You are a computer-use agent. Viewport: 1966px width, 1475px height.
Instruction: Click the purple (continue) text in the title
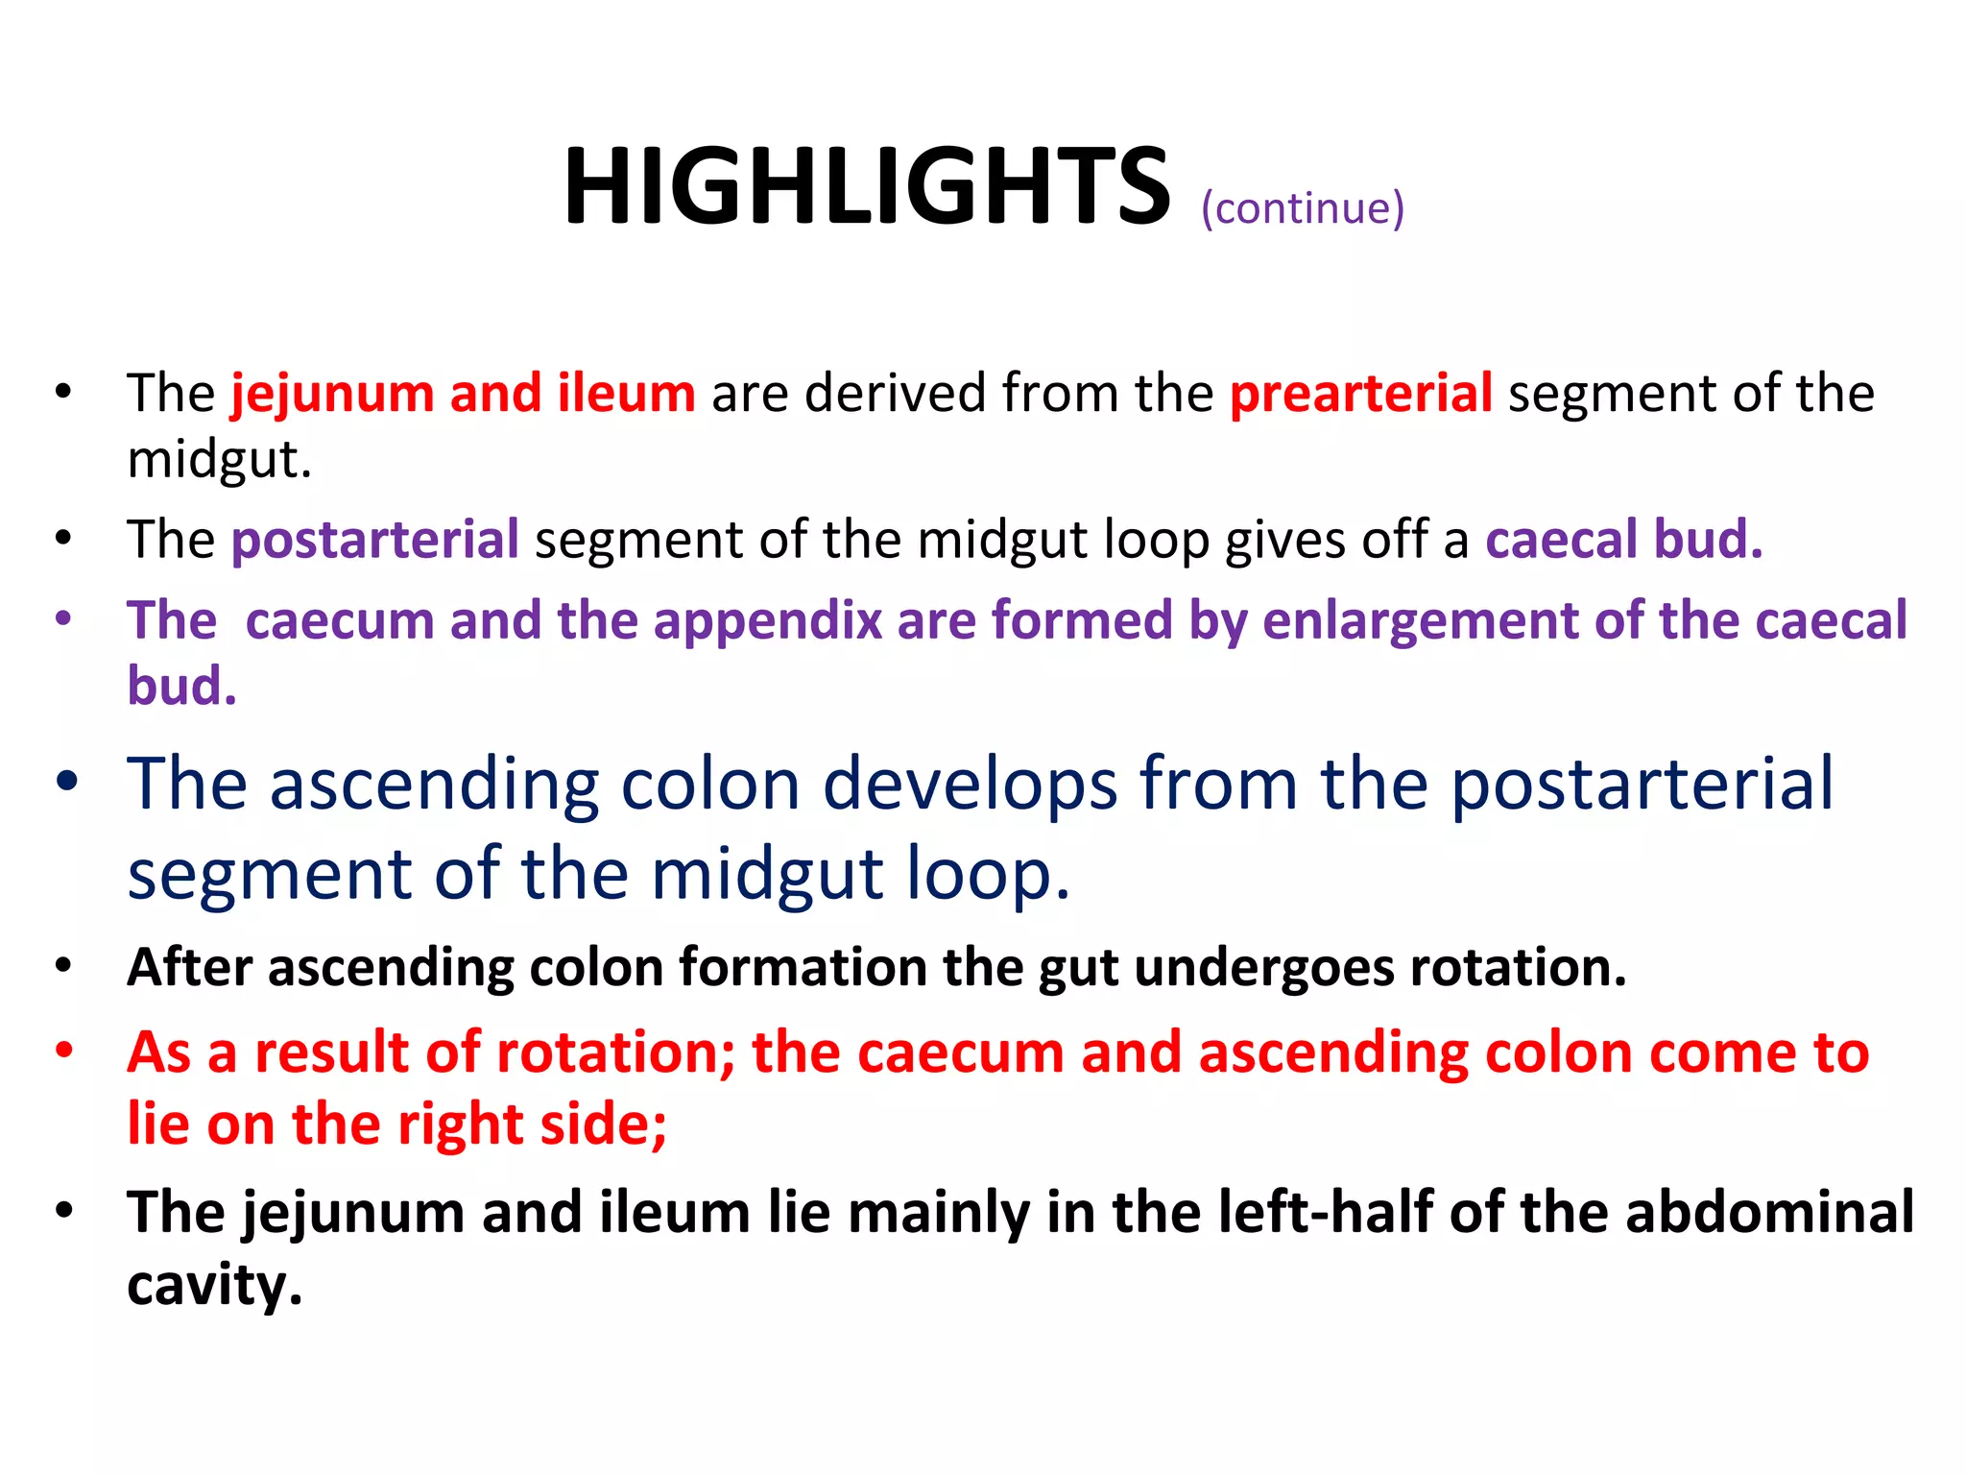1302,208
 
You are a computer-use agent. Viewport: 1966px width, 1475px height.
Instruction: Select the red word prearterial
1360,393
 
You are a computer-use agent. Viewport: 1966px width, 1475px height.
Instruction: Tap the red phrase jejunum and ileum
463,393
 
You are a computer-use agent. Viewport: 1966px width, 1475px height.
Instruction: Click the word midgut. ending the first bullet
220,459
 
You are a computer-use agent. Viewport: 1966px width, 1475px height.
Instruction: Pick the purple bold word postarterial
375,539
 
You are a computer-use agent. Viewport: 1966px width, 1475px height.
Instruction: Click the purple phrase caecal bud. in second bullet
1623,539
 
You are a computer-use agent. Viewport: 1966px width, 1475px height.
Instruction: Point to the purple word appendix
767,619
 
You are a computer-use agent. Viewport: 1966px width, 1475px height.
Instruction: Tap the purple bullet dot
63,617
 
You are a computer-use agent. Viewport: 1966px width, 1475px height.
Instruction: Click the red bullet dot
63,1049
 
